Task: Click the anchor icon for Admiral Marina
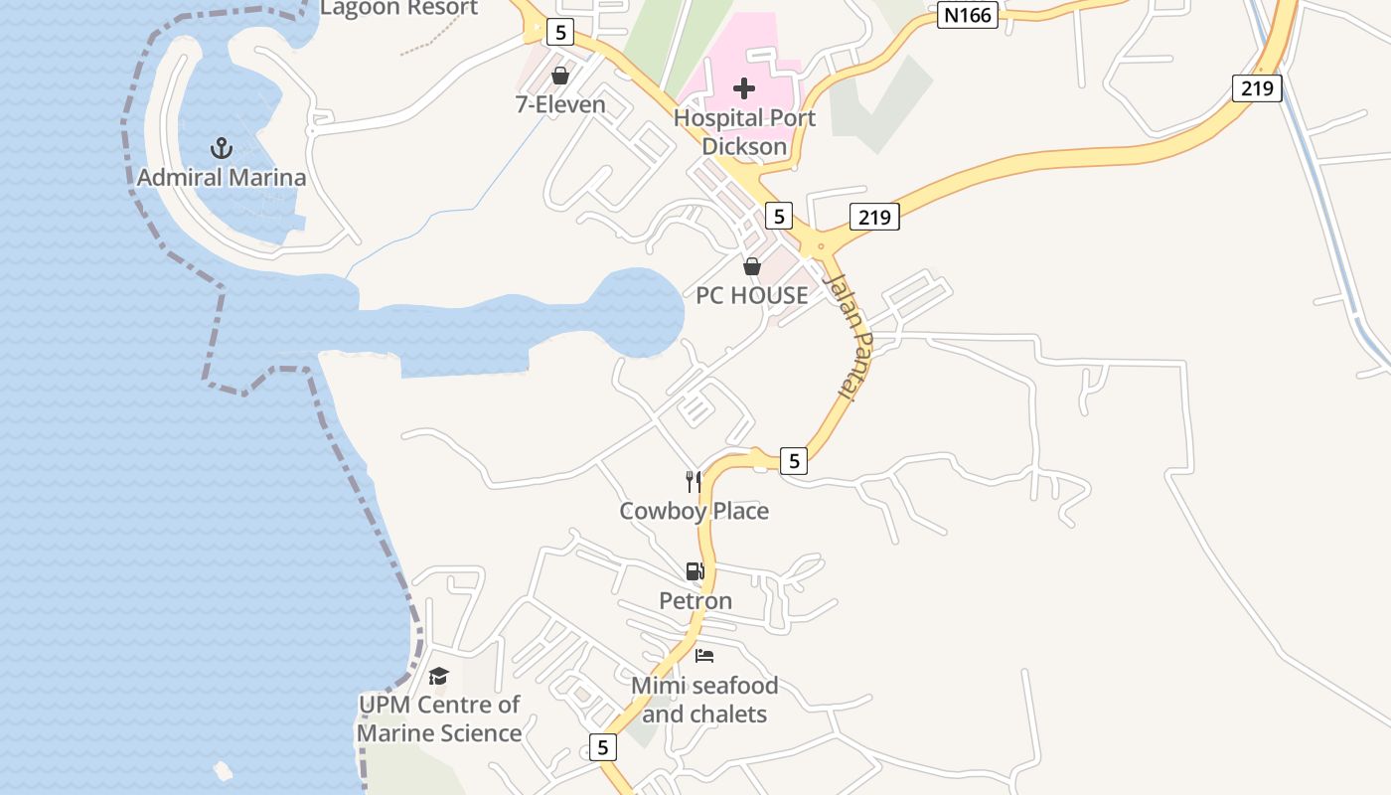click(x=222, y=149)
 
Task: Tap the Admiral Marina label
click(x=222, y=179)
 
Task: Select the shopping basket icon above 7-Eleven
click(x=560, y=76)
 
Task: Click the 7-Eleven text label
click(x=560, y=104)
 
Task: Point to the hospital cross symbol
click(x=744, y=88)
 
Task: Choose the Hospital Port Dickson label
click(x=744, y=132)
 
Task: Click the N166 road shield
click(x=967, y=15)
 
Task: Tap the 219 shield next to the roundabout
click(x=874, y=216)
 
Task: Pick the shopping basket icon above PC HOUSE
click(x=752, y=266)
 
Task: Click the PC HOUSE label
click(x=752, y=295)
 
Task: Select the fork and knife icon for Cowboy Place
click(x=694, y=482)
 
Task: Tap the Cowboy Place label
click(x=694, y=511)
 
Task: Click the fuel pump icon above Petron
click(x=695, y=571)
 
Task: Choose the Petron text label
click(x=695, y=600)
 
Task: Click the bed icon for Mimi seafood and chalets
click(x=704, y=656)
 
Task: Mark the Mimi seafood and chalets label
click(x=704, y=700)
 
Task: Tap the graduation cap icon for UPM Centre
click(x=438, y=677)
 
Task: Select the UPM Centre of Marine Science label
click(x=439, y=718)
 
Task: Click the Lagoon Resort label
click(x=398, y=8)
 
